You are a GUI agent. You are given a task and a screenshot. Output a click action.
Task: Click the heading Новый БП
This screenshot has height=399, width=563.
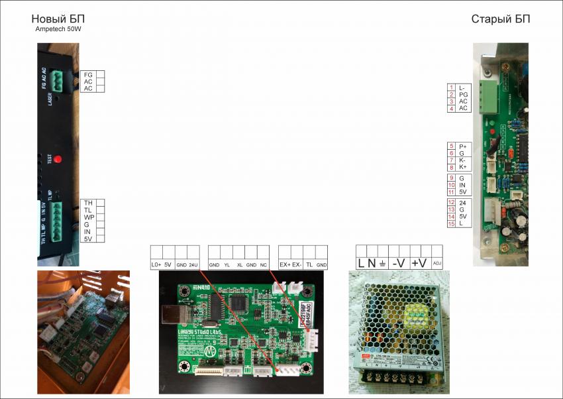click(x=58, y=19)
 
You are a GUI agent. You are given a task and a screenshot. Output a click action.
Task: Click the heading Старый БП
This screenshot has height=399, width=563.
click(x=500, y=19)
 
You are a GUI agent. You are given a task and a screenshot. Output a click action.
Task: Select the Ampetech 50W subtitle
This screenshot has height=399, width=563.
click(x=58, y=29)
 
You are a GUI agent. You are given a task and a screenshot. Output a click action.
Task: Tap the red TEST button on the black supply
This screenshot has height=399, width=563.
click(x=57, y=159)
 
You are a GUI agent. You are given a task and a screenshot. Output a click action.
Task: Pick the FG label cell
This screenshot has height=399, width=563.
click(x=88, y=75)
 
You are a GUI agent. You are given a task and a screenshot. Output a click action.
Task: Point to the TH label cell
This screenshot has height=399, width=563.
click(x=88, y=203)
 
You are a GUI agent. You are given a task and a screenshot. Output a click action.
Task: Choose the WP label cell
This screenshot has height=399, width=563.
click(x=88, y=217)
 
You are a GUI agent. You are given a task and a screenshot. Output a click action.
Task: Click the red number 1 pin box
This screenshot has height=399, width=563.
click(x=451, y=87)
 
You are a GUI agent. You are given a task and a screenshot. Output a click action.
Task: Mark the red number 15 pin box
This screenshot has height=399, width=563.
click(x=451, y=223)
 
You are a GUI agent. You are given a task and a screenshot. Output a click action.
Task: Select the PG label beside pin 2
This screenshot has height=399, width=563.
click(x=463, y=95)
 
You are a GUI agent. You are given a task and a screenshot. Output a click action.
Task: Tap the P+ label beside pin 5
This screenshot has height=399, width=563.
click(x=463, y=146)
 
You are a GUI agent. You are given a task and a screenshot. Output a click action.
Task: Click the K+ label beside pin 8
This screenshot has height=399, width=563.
click(x=463, y=167)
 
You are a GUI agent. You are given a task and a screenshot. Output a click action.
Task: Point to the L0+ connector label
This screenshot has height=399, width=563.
click(x=156, y=265)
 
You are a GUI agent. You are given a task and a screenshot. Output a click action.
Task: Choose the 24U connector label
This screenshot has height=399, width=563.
click(x=193, y=265)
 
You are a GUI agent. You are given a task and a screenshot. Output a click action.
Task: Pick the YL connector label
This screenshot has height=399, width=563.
click(x=227, y=265)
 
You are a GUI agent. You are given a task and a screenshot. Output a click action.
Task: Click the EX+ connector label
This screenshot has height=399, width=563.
click(x=285, y=265)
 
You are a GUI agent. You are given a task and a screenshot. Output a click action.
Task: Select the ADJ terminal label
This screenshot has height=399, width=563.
click(x=436, y=264)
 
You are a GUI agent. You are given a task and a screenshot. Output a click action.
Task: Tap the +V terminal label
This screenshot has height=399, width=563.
click(x=419, y=263)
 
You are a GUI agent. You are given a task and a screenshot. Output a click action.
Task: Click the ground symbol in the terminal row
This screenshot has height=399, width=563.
click(x=382, y=263)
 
